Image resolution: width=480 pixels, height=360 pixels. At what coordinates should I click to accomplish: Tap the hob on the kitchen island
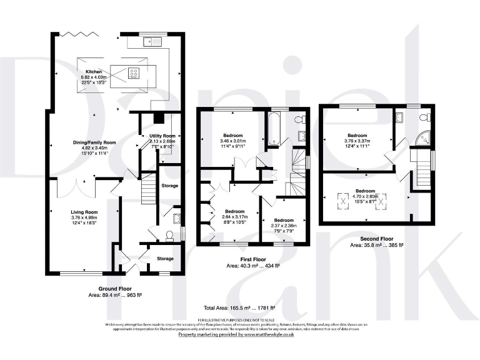click(x=134, y=72)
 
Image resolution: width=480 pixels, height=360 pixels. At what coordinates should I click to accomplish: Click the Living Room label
click(x=84, y=212)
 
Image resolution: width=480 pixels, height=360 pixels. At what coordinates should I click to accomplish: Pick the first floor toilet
click(x=299, y=119)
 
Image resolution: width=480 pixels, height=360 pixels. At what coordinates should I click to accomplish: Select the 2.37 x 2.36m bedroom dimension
click(x=283, y=226)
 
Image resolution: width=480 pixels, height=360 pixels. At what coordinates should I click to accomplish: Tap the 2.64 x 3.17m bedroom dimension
click(x=234, y=217)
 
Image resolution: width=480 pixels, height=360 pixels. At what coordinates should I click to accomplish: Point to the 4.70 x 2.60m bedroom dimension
click(x=366, y=196)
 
